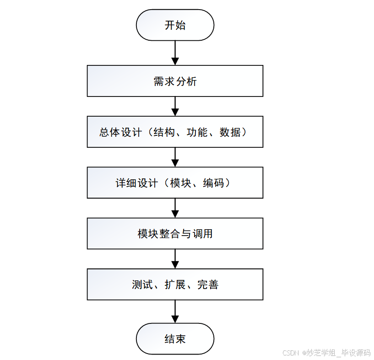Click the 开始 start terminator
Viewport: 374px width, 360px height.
tap(175, 25)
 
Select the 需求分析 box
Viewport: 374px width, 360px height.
tap(175, 81)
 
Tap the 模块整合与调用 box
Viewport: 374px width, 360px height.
tap(175, 234)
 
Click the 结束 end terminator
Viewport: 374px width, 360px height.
tap(175, 339)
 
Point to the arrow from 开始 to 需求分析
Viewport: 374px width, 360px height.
tap(175, 53)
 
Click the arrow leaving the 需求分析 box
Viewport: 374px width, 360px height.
tap(175, 106)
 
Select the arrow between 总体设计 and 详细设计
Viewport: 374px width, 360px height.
tap(175, 157)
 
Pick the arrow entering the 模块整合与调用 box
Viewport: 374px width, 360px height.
tap(175, 208)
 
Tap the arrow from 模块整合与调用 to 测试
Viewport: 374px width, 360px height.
tap(175, 258)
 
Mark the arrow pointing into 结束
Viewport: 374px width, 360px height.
tap(175, 312)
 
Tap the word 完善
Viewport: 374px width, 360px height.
tap(208, 285)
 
